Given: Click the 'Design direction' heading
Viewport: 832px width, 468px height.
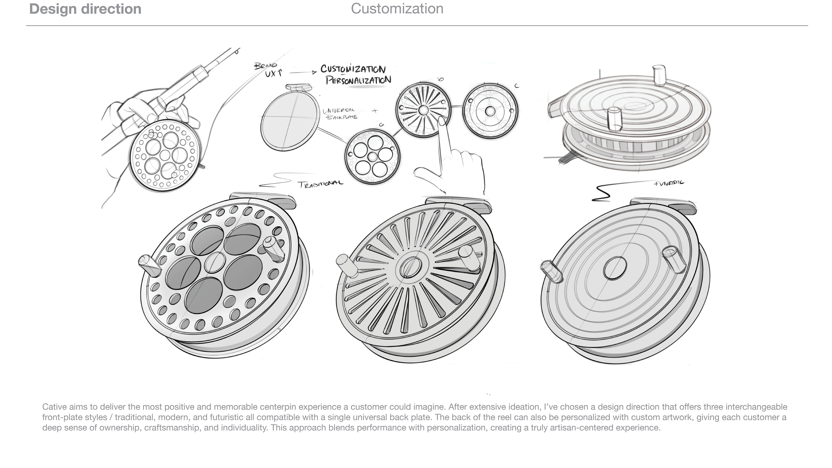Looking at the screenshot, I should pyautogui.click(x=85, y=9).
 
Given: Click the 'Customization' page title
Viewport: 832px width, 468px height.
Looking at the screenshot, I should pyautogui.click(x=397, y=9).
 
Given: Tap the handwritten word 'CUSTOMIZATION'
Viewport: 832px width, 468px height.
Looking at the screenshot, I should pyautogui.click(x=353, y=69).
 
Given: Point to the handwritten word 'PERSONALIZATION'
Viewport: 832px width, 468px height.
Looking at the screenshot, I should pyautogui.click(x=358, y=80).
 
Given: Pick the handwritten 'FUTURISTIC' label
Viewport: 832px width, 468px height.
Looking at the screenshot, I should pyautogui.click(x=669, y=183).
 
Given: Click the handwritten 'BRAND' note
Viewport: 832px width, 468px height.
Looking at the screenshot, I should pyautogui.click(x=265, y=66).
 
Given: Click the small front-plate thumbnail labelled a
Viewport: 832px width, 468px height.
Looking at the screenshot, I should pyautogui.click(x=372, y=157).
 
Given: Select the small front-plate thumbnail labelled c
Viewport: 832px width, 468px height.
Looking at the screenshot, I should pyautogui.click(x=490, y=111).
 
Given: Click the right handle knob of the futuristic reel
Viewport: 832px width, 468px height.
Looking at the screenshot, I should pyautogui.click(x=674, y=259).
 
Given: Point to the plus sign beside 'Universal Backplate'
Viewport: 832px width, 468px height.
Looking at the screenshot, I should pyautogui.click(x=375, y=111).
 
